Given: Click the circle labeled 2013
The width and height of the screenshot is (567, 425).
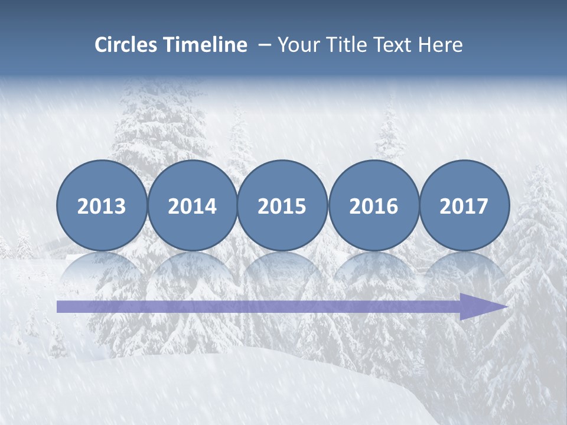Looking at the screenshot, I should (x=102, y=205).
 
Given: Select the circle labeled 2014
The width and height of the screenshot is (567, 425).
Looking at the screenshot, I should (x=193, y=205).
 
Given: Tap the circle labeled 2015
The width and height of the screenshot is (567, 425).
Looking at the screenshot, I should (x=282, y=205).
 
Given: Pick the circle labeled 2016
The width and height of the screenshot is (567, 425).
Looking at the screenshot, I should (x=373, y=205).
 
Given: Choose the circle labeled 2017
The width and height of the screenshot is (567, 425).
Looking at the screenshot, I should (x=464, y=205).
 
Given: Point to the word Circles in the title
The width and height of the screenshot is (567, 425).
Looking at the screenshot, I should (x=126, y=45).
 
